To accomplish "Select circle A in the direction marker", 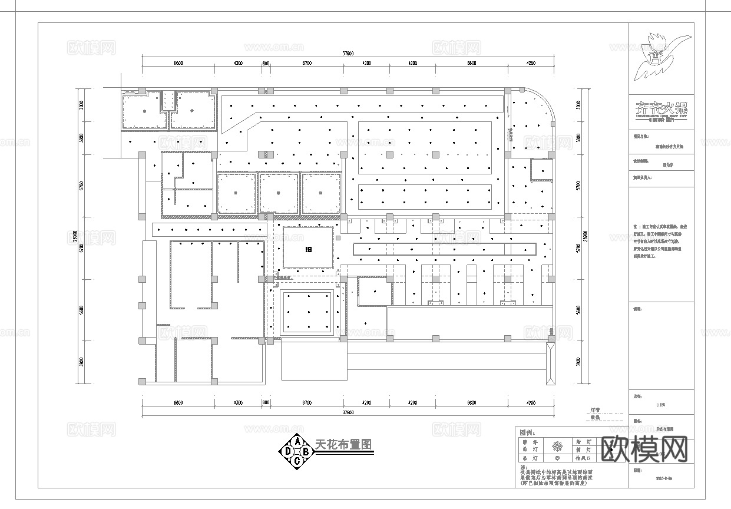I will [297, 441].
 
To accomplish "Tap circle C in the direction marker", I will [297, 461].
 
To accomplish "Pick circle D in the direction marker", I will [287, 451].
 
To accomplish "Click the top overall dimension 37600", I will [349, 54].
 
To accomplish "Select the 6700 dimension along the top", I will [306, 62].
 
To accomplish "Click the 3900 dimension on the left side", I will [81, 361].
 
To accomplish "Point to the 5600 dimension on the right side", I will [578, 310].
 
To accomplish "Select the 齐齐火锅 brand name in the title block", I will [661, 109].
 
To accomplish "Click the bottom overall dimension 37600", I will [349, 412].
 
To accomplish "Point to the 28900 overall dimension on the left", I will [74, 236].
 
